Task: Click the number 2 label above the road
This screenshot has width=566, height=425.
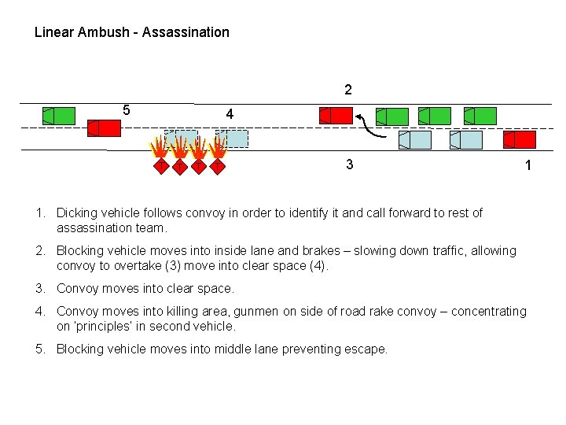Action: point(348,90)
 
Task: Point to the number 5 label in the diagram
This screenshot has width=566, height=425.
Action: point(127,109)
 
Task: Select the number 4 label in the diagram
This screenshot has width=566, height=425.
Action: point(229,114)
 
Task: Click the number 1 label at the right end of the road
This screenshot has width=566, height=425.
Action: point(528,165)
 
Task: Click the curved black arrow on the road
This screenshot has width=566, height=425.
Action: point(372,126)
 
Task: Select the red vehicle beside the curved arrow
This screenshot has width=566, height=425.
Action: point(336,116)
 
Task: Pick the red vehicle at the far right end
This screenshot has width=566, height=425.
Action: point(519,140)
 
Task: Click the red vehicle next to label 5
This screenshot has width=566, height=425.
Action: point(104,128)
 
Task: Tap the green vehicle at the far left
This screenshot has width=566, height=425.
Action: point(58,116)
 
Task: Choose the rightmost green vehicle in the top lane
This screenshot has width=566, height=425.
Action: point(480,116)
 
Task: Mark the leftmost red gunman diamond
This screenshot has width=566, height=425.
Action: point(160,166)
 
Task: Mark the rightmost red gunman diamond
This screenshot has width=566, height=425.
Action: point(218,166)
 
